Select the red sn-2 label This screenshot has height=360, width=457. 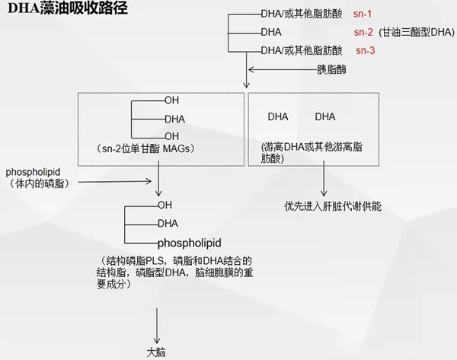(x=363, y=32)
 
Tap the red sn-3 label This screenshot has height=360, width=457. (x=366, y=50)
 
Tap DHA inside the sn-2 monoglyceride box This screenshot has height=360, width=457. (x=175, y=118)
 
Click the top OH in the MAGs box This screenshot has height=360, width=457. (x=171, y=100)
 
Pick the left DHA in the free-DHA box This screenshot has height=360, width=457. (x=278, y=116)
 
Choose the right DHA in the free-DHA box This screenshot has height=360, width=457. (x=325, y=116)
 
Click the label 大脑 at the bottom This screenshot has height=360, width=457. (x=157, y=352)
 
